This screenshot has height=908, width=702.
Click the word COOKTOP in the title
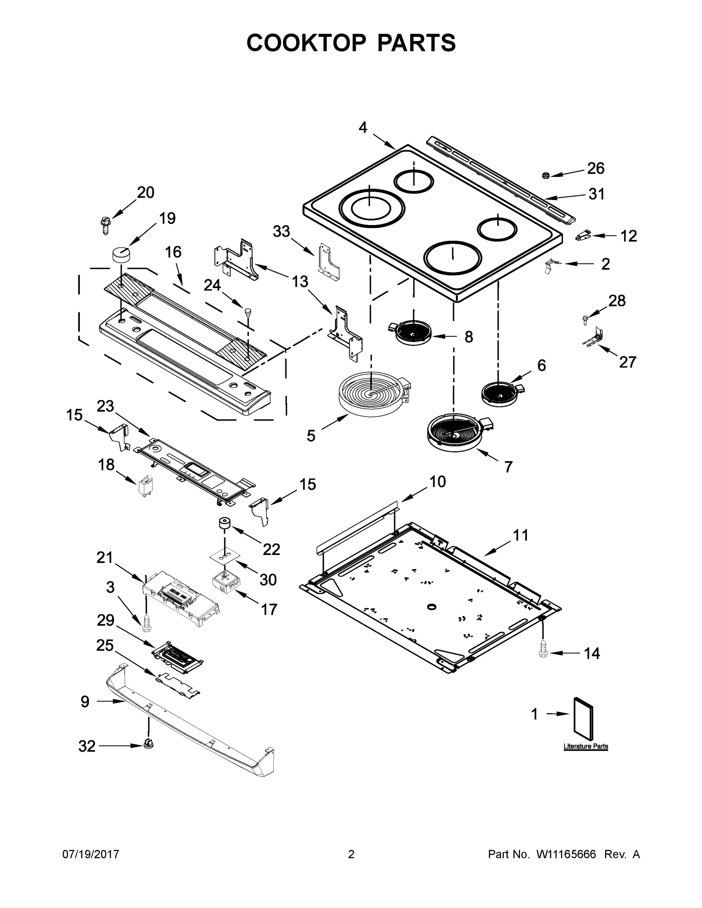tap(306, 43)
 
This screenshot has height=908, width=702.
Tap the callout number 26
tap(596, 168)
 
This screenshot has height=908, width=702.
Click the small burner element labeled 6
tap(500, 393)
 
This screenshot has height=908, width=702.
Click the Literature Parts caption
tap(585, 746)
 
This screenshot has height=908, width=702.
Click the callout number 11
tap(520, 535)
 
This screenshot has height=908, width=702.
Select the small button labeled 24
tap(248, 311)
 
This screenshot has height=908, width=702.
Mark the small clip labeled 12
tap(584, 236)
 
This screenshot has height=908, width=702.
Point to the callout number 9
tap(85, 702)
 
